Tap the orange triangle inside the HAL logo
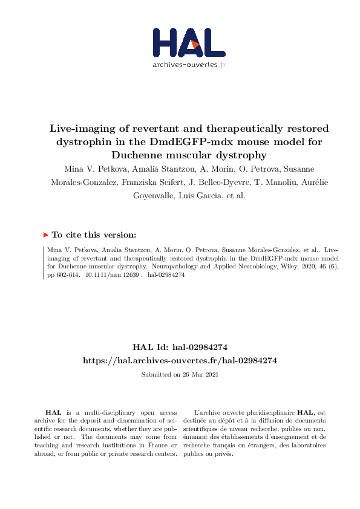194,43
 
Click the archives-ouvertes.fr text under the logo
189,65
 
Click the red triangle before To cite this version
46,235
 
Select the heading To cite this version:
94,235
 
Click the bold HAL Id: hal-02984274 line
180,347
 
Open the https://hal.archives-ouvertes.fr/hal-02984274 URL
180,360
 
